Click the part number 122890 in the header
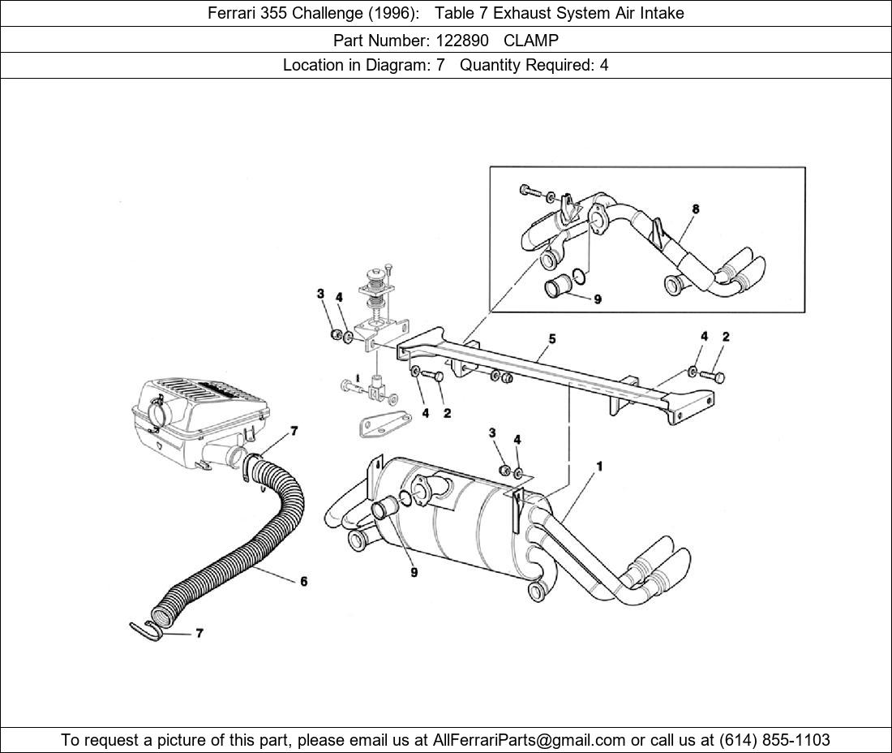[462, 41]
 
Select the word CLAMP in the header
[531, 41]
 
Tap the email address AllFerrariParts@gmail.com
[529, 740]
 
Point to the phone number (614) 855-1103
[774, 740]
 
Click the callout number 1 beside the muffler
[599, 467]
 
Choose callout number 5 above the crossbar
[552, 339]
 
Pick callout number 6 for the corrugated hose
[304, 581]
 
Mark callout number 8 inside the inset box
[696, 209]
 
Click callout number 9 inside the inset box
[598, 299]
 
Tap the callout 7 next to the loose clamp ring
[199, 633]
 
